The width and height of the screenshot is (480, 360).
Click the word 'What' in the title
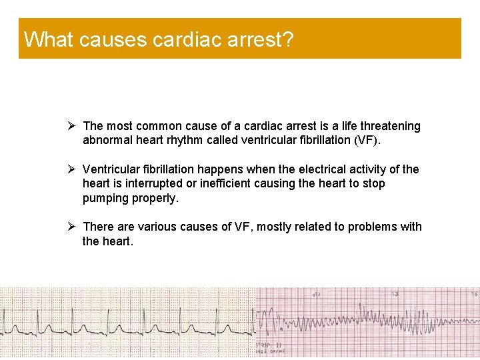tap(49, 39)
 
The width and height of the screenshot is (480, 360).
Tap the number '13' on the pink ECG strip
tap(395, 293)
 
